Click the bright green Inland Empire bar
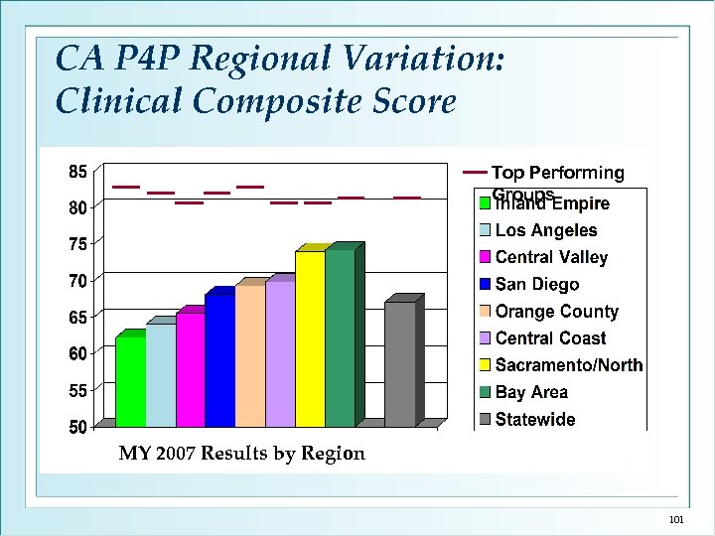click(130, 382)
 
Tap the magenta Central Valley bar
click(190, 369)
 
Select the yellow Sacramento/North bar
click(309, 338)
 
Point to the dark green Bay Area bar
click(340, 337)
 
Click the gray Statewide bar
click(399, 364)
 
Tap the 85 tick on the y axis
click(76, 172)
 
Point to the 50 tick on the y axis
click(76, 427)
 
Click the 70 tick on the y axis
click(76, 281)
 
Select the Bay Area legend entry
click(531, 392)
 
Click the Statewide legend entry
click(535, 419)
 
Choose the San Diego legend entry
click(536, 285)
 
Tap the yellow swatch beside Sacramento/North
click(485, 365)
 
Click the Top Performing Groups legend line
click(476, 173)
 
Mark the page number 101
click(677, 520)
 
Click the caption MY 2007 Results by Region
click(242, 454)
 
